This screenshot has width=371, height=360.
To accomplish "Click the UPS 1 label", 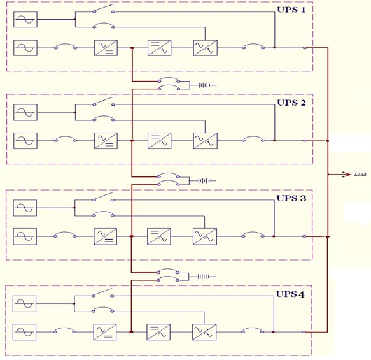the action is tap(291, 10).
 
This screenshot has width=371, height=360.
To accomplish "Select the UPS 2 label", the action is tap(291, 103).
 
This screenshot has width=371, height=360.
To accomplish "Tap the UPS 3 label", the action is tap(291, 198).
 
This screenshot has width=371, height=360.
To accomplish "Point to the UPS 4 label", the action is tap(290, 294).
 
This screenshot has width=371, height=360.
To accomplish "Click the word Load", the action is tap(360, 175).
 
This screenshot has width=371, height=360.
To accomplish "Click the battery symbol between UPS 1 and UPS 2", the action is tap(204, 85).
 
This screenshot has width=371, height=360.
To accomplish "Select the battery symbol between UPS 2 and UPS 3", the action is tap(204, 181).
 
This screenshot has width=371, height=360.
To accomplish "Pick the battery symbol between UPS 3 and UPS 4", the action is tap(203, 277).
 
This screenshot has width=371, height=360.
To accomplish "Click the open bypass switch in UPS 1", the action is tap(104, 8).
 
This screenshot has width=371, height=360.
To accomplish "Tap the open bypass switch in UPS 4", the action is tap(102, 292).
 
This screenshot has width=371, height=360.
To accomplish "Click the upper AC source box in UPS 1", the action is tap(25, 19).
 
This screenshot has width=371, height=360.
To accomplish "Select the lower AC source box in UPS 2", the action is tap(25, 141).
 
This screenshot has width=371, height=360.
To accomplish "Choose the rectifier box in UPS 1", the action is tap(106, 48).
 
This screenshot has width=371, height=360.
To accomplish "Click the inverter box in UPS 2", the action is tap(160, 141).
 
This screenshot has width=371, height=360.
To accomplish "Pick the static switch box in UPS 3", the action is tap(205, 236).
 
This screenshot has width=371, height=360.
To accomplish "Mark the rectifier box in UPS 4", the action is tap(105, 332).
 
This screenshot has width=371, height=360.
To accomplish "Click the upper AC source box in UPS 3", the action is tap(25, 208).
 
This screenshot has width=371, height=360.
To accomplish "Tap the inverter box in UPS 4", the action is tap(158, 332).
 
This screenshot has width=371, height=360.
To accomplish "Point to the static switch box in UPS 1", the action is tap(206, 48).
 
